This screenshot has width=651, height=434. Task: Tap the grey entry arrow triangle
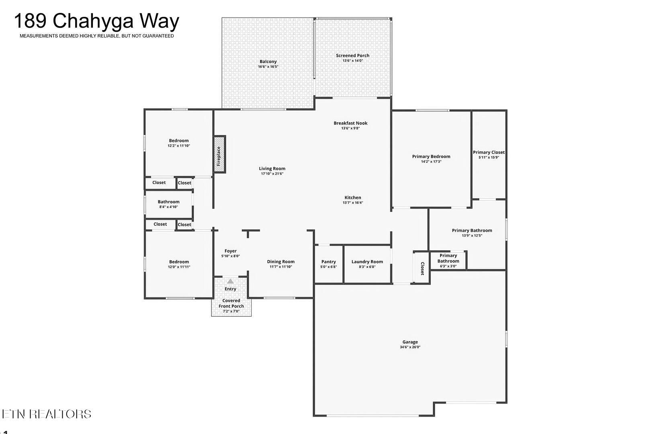(x=231, y=281)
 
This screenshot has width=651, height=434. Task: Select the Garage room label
(x=410, y=342)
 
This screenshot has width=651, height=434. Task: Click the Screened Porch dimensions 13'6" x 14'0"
(x=353, y=61)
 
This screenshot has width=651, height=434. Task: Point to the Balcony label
(x=268, y=61)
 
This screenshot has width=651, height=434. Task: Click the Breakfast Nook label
(x=350, y=123)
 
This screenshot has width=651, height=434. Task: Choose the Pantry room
(x=329, y=264)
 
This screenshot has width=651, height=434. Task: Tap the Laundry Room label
(x=367, y=262)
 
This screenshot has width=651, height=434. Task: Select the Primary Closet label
(x=489, y=152)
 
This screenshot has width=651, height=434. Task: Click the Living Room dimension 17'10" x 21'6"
(x=272, y=174)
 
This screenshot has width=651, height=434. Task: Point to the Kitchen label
(x=353, y=198)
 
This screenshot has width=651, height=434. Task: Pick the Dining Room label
(x=281, y=262)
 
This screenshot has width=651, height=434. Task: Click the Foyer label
(x=231, y=251)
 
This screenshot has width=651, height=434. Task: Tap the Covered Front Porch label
(x=231, y=303)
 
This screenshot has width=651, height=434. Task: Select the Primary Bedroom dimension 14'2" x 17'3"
(x=431, y=162)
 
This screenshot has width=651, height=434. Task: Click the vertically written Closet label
(x=422, y=268)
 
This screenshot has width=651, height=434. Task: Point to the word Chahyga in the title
(x=93, y=21)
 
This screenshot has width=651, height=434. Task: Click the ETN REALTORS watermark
(x=46, y=414)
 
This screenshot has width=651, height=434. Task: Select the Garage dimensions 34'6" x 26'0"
(x=410, y=347)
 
